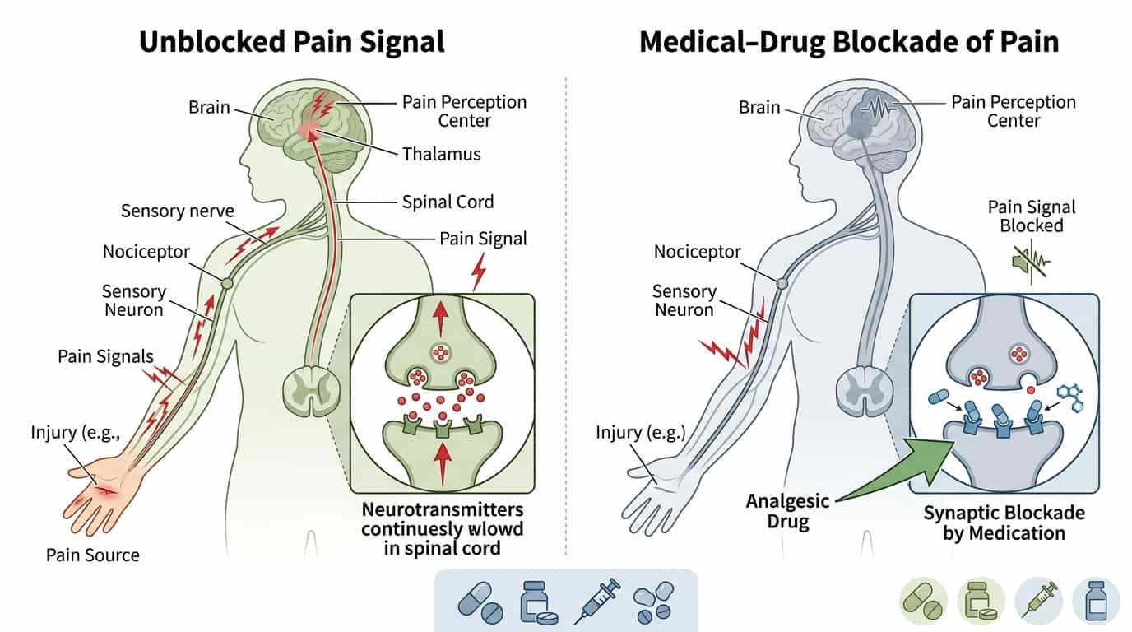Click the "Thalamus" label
coord(441,154)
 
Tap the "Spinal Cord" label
coord(448,202)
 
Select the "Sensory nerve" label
coord(178,211)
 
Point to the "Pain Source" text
coord(92,555)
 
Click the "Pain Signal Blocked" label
coord(1032,216)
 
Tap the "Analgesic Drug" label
coord(788,511)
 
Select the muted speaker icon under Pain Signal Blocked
coord(1031,262)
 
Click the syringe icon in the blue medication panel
coord(597,602)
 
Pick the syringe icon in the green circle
coord(1038,600)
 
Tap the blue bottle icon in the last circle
coord(1096,601)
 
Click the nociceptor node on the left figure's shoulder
coord(227,284)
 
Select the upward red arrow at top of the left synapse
coord(441,318)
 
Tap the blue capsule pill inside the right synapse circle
coord(939,397)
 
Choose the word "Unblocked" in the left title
coord(213,41)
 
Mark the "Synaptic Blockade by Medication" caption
coord(1004,523)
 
